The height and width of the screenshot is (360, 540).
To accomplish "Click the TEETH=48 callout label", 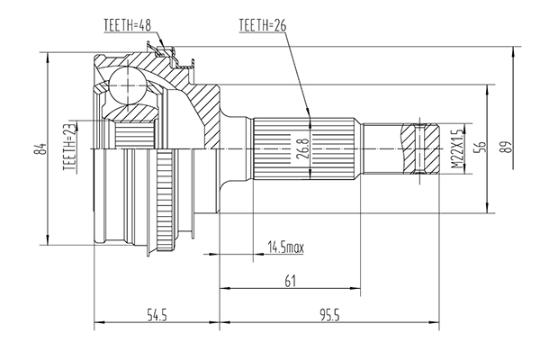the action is click(x=128, y=25).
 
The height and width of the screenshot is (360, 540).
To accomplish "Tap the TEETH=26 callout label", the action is click(x=263, y=25).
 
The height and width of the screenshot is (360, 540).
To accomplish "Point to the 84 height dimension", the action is click(x=42, y=148).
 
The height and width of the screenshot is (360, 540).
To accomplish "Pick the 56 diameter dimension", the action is click(x=481, y=147).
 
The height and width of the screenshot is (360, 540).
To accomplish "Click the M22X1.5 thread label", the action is click(x=457, y=148).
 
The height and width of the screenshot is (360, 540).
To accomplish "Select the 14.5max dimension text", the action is click(x=286, y=247).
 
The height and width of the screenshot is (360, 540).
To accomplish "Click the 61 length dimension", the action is click(x=291, y=281).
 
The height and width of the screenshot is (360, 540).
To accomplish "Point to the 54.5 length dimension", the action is click(x=157, y=315).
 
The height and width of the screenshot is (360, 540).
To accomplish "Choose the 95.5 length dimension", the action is click(x=329, y=315).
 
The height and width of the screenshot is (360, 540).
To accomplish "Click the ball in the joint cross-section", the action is click(x=128, y=85).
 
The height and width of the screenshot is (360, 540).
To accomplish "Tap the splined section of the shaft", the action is click(x=304, y=148).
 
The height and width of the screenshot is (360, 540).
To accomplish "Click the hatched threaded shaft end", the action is click(x=420, y=148).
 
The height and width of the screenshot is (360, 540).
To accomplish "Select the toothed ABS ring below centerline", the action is click(x=165, y=200).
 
